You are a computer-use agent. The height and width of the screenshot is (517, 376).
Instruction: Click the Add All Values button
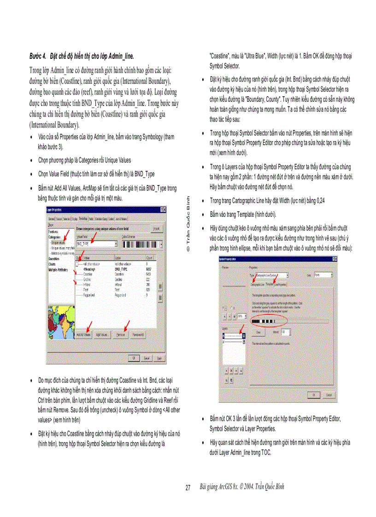[x=83, y=335]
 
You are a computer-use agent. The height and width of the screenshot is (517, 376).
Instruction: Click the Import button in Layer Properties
[x=156, y=228]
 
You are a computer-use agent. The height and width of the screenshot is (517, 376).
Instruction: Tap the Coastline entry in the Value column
[x=88, y=274]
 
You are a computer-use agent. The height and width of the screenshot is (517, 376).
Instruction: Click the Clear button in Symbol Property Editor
[x=258, y=331]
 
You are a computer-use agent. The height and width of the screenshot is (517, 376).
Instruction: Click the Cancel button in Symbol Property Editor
[x=329, y=395]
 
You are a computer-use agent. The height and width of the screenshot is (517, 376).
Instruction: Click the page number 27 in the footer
[x=188, y=488]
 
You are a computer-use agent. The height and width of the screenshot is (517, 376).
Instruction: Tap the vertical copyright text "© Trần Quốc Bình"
[x=188, y=223]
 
